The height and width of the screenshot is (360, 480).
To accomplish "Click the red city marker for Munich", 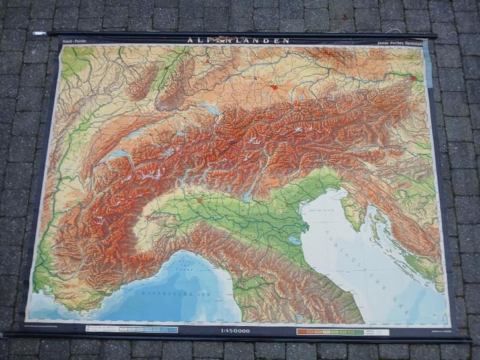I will click(274, 87).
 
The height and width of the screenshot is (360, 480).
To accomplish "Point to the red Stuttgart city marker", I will click(206, 61).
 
